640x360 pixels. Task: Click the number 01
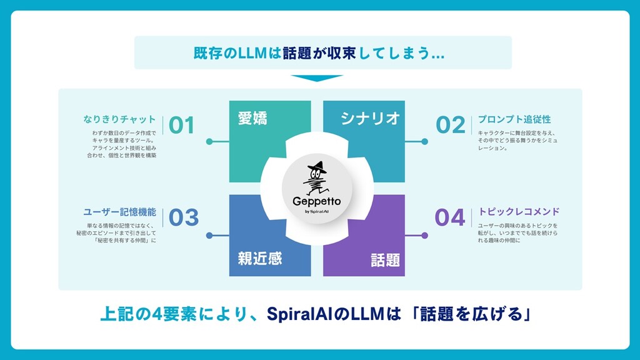tap(182, 125)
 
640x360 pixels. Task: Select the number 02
tap(451, 125)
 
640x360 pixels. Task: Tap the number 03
tap(184, 217)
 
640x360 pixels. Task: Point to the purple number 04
tap(450, 217)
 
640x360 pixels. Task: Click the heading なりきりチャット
tap(119, 119)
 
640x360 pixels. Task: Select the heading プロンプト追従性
tap(514, 119)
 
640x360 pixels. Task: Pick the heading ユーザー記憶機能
tap(119, 212)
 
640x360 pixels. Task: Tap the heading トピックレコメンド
tap(519, 212)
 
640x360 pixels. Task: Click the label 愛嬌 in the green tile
tap(252, 118)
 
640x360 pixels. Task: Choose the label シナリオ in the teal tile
tap(370, 118)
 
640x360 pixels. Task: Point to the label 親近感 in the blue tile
tap(260, 258)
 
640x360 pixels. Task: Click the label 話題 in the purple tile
tap(385, 260)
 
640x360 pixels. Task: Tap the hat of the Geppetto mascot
tap(317, 167)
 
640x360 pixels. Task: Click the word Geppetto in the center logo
tap(317, 202)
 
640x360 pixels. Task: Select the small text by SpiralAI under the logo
tap(317, 211)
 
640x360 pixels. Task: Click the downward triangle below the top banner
tap(317, 78)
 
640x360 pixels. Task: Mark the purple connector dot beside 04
tap(424, 236)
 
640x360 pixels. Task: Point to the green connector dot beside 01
tap(209, 142)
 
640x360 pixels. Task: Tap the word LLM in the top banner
tap(252, 53)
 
